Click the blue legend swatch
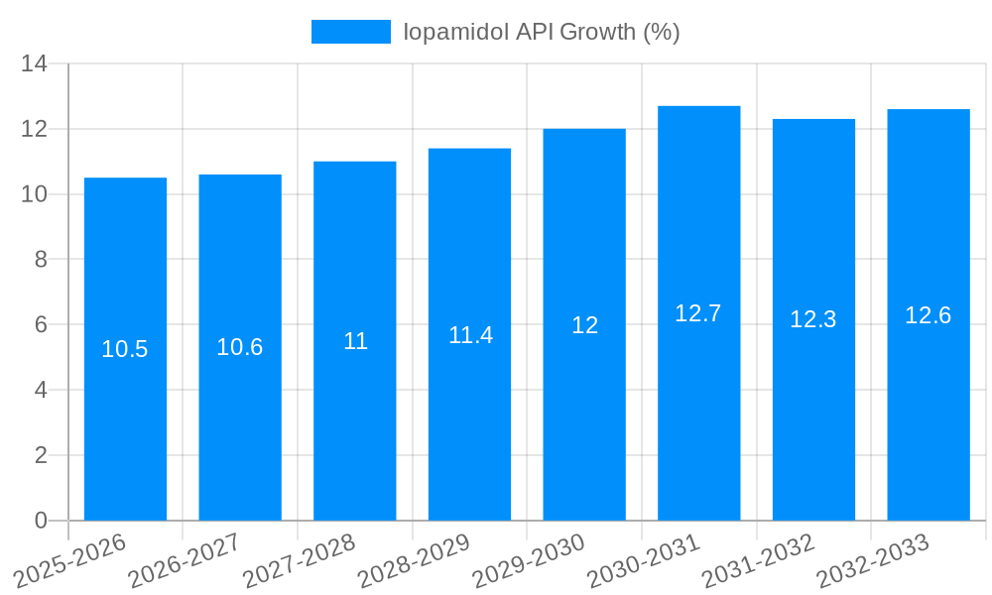[x=351, y=32]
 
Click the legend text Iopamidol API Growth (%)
[x=541, y=32]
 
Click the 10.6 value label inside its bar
[x=240, y=347]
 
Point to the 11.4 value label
[x=470, y=335]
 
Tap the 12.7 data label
[x=698, y=313]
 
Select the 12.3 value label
[x=813, y=319]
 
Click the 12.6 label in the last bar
[x=929, y=315]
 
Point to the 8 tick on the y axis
[x=41, y=260]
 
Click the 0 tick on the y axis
[x=41, y=521]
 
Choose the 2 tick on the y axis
[x=41, y=455]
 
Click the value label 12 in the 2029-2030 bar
[x=585, y=325]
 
